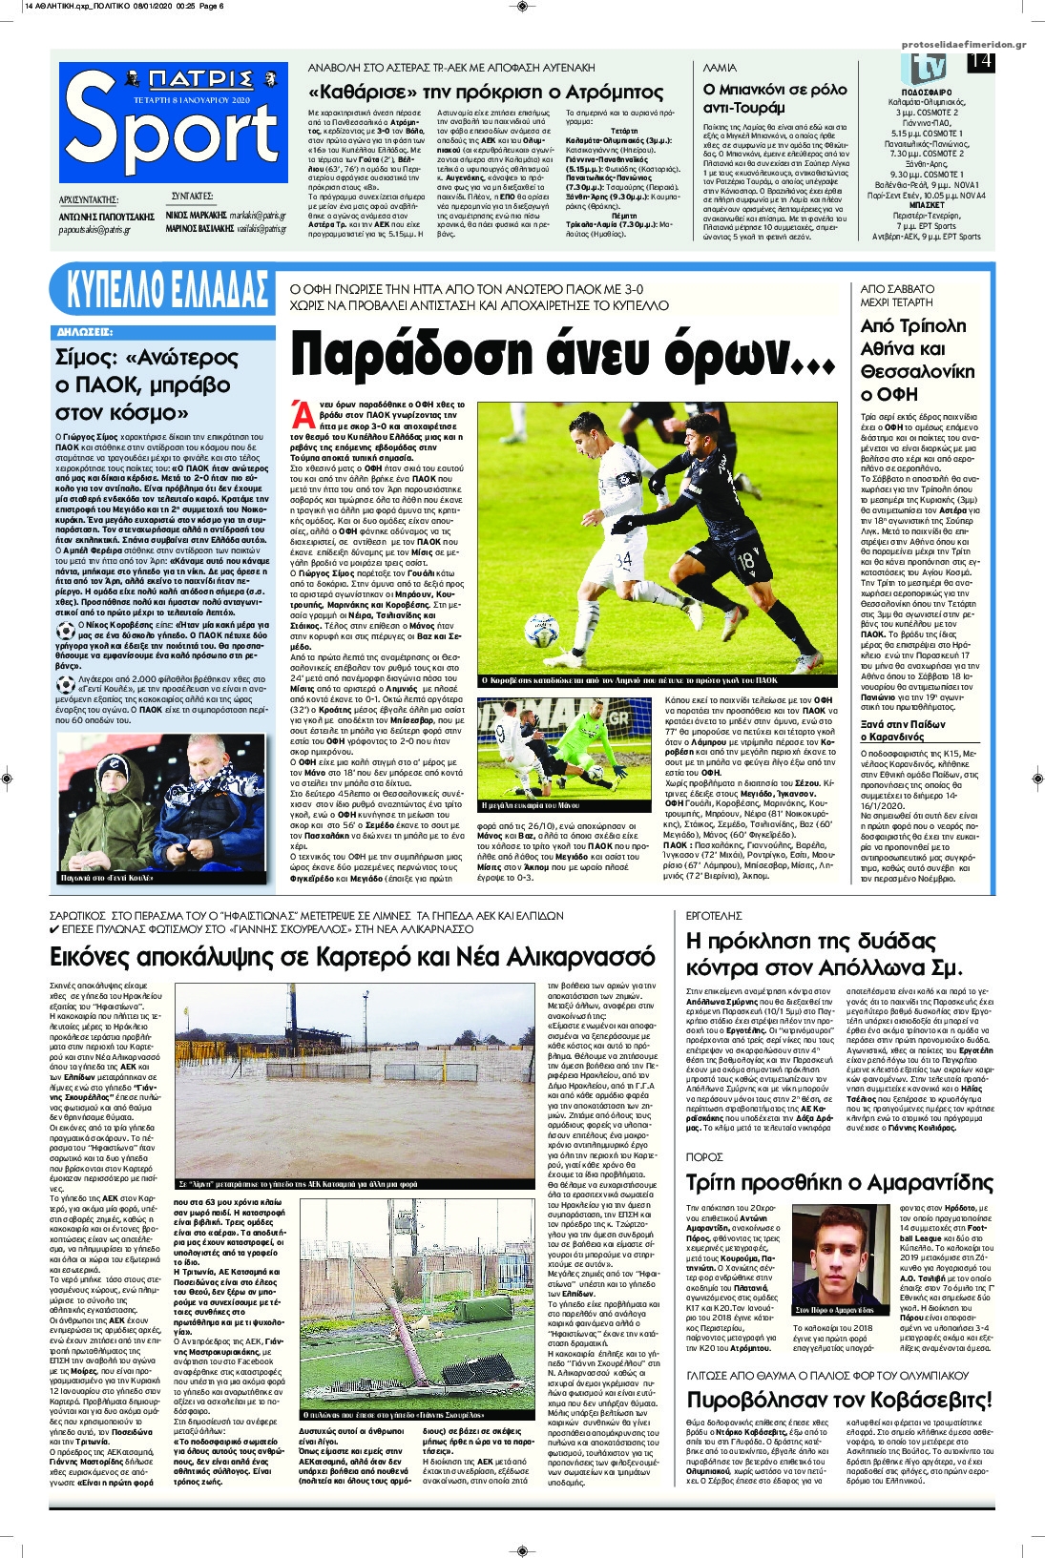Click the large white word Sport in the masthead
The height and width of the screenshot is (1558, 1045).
172,134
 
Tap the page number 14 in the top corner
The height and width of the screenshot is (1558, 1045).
980,62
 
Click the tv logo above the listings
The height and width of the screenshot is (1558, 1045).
927,68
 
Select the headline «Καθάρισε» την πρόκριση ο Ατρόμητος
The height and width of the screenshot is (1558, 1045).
485,93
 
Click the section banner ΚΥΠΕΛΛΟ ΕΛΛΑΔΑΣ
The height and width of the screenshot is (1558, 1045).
163,290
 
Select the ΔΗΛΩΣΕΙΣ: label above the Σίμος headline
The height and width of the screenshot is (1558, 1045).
85,332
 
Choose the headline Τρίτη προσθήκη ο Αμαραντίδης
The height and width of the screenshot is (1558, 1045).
839,1182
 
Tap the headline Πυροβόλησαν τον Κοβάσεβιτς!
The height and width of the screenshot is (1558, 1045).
839,1400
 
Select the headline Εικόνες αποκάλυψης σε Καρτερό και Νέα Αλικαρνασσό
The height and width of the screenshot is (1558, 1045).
352,956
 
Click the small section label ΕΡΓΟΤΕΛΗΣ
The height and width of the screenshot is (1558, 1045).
715,915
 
